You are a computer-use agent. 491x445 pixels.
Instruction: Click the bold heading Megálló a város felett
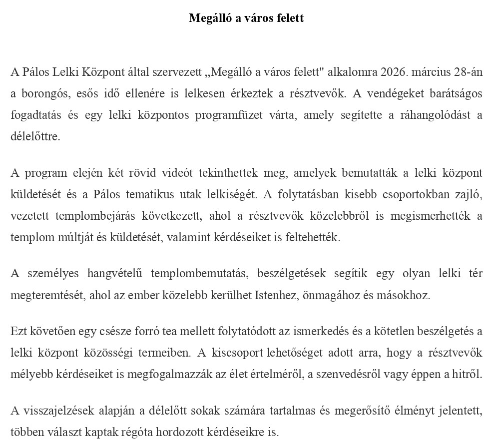pos(246,18)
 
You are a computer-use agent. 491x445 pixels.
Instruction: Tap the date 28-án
pos(468,72)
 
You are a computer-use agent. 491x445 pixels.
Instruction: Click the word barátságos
pos(454,93)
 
